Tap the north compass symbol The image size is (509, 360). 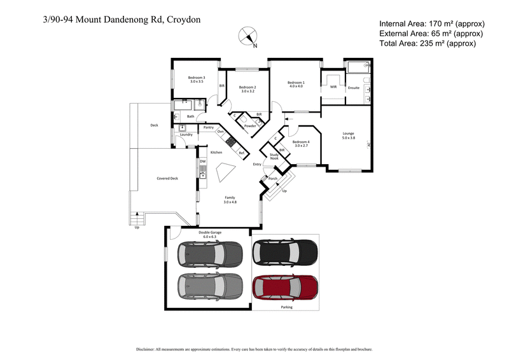click(x=248, y=36)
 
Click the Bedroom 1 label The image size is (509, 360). click(x=295, y=83)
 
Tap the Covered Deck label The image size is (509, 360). click(x=167, y=179)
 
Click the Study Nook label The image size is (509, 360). click(x=274, y=156)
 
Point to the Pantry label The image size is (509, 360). click(x=208, y=128)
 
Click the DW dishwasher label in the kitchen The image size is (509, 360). click(x=202, y=162)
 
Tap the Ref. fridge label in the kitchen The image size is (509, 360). click(x=242, y=153)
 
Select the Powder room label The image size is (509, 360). click(x=250, y=126)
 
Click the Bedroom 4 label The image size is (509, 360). click(x=301, y=143)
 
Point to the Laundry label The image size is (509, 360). click(x=186, y=135)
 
